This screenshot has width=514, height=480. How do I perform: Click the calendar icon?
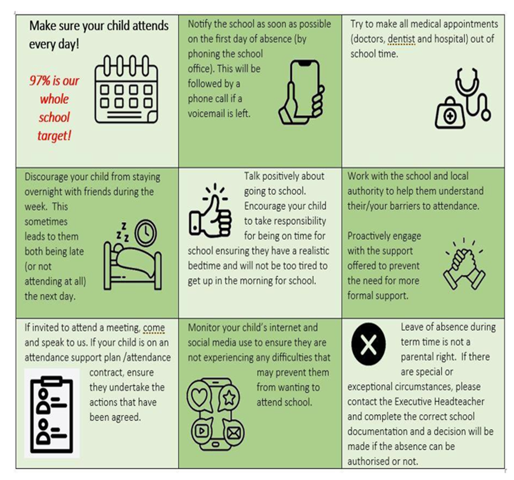(126, 89)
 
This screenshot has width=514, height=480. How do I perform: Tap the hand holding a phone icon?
(302, 93)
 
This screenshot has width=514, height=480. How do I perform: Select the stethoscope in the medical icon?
(473, 94)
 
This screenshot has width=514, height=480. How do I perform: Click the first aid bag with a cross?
(450, 113)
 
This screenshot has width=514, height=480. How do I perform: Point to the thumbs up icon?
(210, 211)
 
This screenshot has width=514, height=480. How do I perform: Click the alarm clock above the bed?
(146, 232)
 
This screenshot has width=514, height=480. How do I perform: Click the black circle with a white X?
(368, 344)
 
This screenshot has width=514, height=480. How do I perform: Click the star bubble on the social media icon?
(229, 398)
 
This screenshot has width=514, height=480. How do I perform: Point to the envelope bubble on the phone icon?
(234, 433)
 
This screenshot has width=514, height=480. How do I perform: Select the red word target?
(54, 136)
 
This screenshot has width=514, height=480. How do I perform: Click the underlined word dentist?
(401, 39)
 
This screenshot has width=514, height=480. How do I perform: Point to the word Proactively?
(368, 236)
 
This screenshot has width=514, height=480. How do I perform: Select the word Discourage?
(46, 177)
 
